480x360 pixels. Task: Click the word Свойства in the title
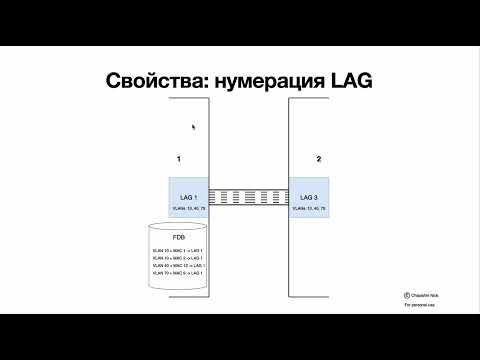coord(152,82)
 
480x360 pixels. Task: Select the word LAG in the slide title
coord(352,82)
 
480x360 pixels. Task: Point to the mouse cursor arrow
coord(193,126)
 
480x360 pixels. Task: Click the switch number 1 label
coord(178,160)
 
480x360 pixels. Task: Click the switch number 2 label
coord(318,160)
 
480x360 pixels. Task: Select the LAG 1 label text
coord(189,198)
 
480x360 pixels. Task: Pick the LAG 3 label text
coord(310,198)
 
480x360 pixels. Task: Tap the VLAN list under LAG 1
coord(189,209)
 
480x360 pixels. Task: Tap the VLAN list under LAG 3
coord(310,209)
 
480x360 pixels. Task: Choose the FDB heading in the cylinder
coord(179,238)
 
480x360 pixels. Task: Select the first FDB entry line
coord(177,250)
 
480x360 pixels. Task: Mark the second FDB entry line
coord(177,258)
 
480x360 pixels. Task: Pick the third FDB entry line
coord(177,265)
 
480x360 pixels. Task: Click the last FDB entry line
coord(177,273)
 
